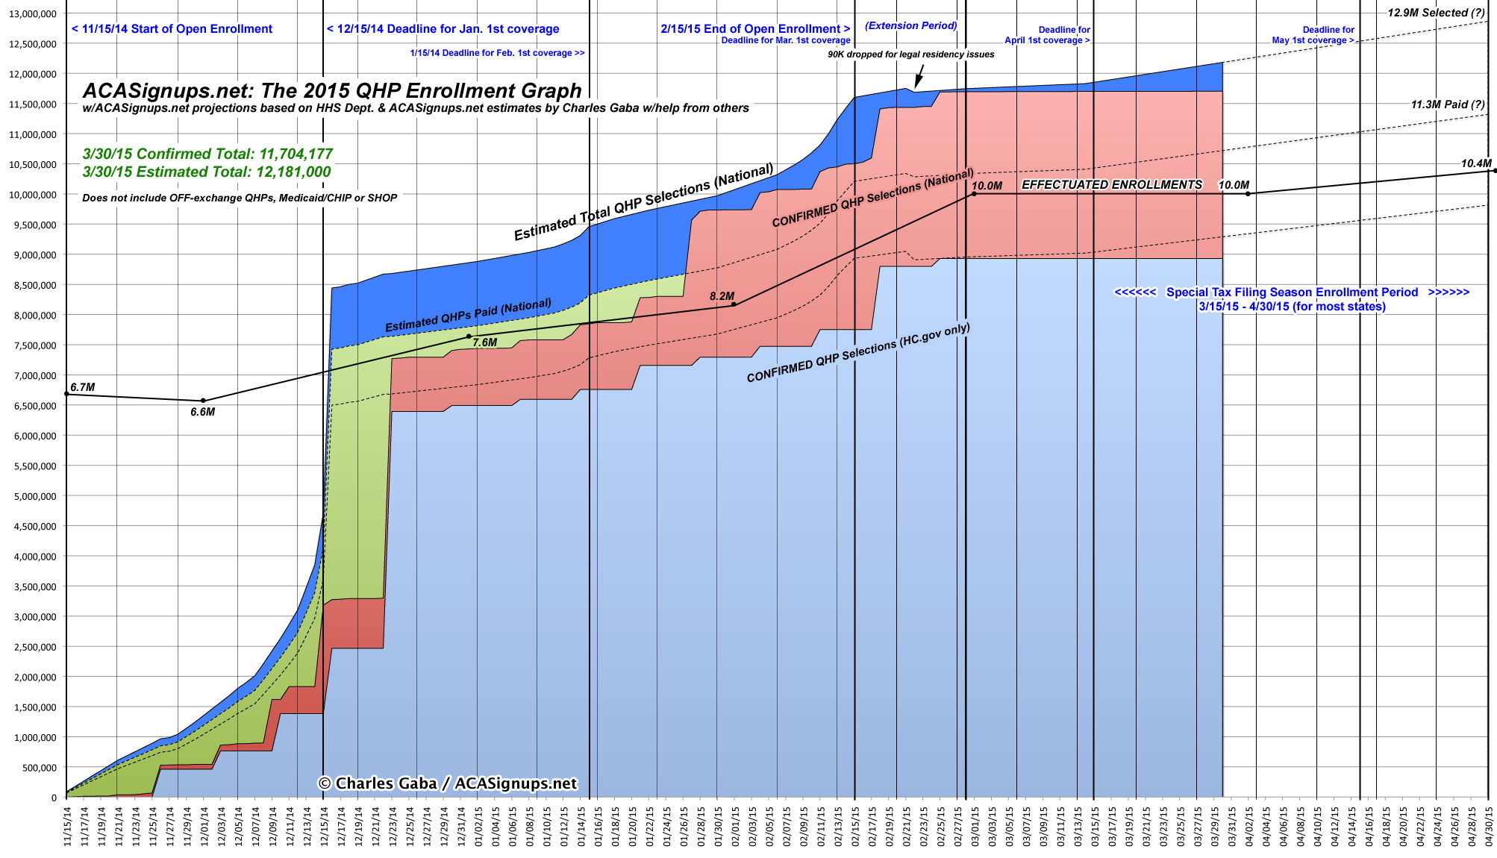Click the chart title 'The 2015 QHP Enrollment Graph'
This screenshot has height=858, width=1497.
331,91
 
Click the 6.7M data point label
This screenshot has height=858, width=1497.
82,387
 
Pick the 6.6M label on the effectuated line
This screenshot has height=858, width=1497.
202,412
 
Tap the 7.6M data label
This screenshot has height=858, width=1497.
484,342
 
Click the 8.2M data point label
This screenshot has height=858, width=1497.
722,296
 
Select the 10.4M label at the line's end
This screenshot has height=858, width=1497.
1476,163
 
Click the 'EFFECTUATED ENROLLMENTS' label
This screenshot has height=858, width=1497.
1111,184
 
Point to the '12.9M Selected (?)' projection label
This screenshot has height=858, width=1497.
1436,13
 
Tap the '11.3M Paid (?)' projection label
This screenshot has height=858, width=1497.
1447,104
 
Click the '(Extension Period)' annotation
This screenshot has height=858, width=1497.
910,25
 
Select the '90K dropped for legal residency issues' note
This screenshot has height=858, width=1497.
910,54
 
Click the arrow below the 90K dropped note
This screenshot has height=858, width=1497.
919,76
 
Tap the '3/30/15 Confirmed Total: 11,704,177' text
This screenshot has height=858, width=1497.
207,154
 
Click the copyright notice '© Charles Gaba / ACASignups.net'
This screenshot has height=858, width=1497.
448,783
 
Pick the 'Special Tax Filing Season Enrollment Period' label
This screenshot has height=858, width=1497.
1292,292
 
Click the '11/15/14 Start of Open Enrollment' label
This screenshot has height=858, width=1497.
172,29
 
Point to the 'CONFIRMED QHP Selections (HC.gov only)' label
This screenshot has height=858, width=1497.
858,352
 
